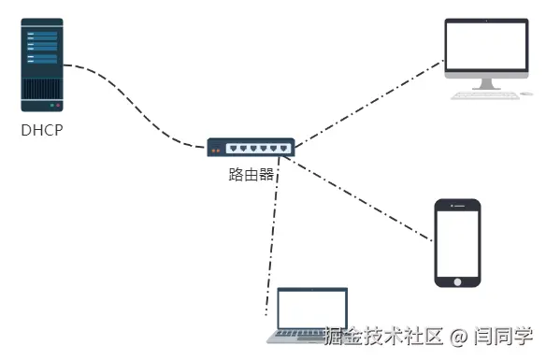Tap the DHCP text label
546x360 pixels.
click(x=42, y=131)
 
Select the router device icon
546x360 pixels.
click(x=251, y=147)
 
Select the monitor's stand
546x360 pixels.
click(x=485, y=83)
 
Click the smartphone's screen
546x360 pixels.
click(x=458, y=240)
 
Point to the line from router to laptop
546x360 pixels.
click(x=272, y=234)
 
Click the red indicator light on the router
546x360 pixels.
click(x=213, y=150)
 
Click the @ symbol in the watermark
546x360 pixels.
click(x=458, y=336)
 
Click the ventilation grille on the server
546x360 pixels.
click(x=42, y=89)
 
